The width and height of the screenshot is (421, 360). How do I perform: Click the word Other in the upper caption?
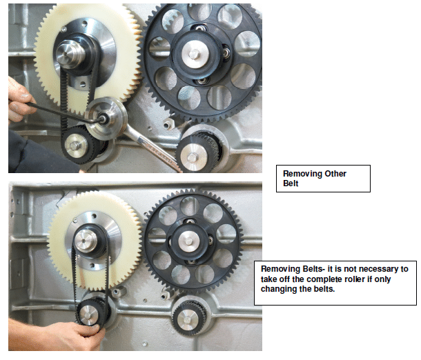coord(335,174)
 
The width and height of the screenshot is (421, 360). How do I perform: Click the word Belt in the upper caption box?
coord(291,183)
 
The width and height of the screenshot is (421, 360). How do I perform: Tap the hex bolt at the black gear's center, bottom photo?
coord(189,241)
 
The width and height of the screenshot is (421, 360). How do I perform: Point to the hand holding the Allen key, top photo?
coord(19,101)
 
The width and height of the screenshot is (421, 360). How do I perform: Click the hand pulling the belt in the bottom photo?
coord(61,335)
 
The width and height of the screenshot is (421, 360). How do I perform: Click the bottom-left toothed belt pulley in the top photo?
coord(78,145)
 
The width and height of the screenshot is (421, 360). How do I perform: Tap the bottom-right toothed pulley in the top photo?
coord(197,152)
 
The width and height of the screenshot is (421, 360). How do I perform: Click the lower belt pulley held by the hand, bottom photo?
coord(91,312)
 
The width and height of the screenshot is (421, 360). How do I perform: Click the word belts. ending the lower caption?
coord(324,289)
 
